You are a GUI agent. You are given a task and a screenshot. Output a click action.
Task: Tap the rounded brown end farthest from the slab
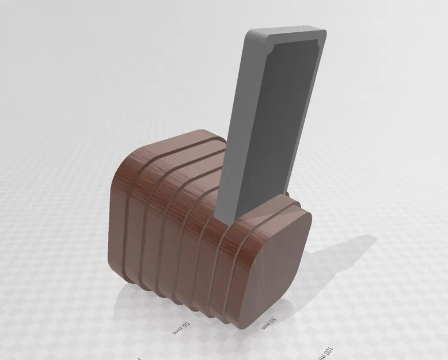click(118, 219)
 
